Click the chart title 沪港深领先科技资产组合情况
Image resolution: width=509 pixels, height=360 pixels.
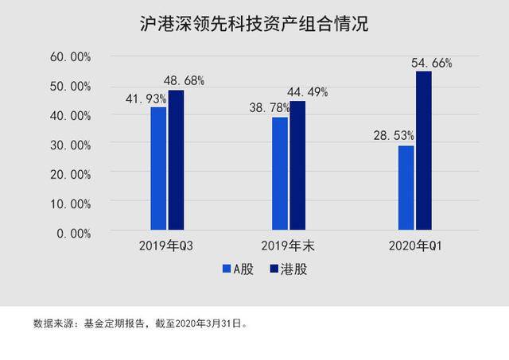[x=254, y=24]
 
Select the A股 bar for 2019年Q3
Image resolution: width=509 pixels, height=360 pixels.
[x=158, y=168]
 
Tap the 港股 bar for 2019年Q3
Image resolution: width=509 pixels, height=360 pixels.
[x=176, y=161]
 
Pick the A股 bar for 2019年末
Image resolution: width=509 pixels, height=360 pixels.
[x=280, y=173]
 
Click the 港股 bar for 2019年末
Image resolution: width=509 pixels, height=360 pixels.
[x=297, y=165]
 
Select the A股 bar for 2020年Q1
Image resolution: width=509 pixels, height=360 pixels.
[x=406, y=188]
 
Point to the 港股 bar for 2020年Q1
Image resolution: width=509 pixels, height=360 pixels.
[x=424, y=151]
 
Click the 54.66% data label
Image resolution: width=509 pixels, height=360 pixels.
[x=431, y=63]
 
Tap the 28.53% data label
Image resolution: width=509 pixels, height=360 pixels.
[x=394, y=136]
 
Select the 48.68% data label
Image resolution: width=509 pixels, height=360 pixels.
[x=184, y=81]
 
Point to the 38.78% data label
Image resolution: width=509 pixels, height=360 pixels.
[x=270, y=107]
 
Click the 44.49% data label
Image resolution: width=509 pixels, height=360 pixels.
[x=308, y=92]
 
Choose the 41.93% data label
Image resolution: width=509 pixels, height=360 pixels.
[x=146, y=99]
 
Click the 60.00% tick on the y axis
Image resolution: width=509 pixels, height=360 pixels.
[x=71, y=57]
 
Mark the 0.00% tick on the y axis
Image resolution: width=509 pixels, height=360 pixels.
[x=74, y=234]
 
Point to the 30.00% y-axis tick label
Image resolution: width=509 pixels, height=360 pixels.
[x=71, y=145]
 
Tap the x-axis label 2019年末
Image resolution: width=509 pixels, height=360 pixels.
[x=288, y=246]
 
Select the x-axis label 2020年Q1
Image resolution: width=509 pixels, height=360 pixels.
[x=415, y=246]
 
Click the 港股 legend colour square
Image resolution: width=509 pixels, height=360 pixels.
[x=274, y=269]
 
